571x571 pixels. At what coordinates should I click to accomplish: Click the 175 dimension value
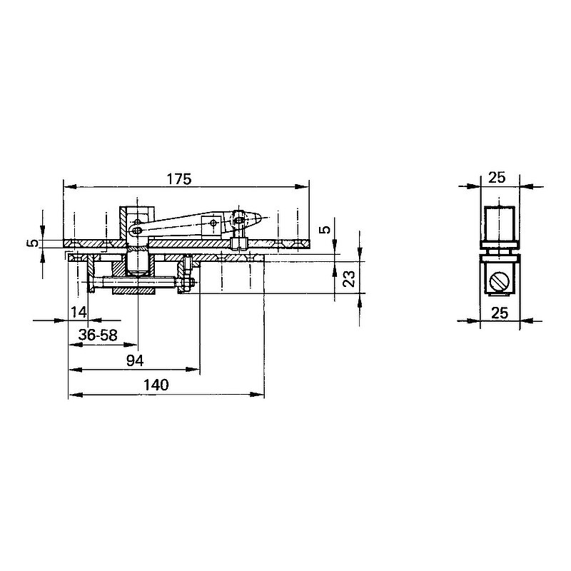coord(179,179)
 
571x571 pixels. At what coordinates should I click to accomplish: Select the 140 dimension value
coord(156,385)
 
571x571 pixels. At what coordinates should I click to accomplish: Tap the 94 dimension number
coord(135,360)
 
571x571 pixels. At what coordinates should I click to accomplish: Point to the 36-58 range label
coord(98,335)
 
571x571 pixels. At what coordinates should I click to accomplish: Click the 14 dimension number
coord(79,312)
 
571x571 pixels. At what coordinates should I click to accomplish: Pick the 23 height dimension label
coord(349,278)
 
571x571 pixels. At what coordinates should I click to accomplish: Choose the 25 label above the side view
coord(497,178)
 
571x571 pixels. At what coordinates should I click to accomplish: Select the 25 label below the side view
coord(499,313)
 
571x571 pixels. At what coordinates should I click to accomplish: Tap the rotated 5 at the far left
coord(33,243)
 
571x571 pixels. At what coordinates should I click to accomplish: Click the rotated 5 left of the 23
coord(326,229)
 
